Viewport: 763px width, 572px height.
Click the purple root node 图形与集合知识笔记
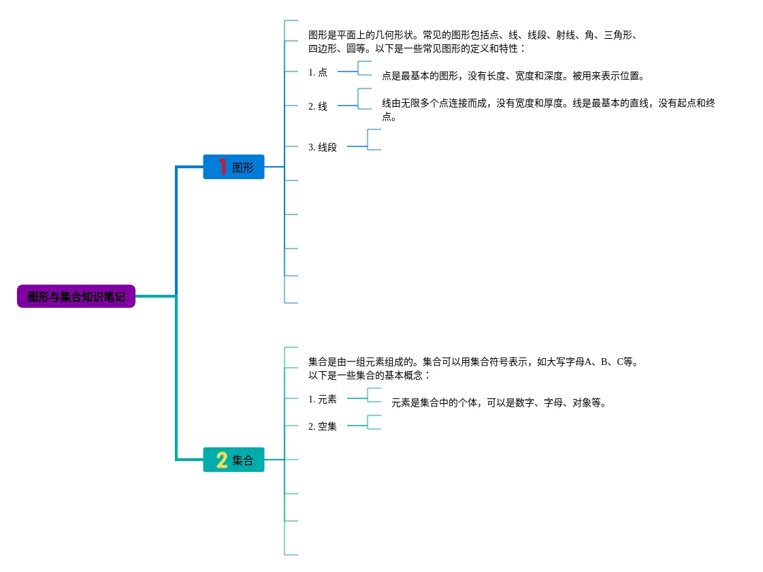point(76,296)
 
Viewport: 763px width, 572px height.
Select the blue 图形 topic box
point(233,167)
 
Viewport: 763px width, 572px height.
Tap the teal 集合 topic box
point(233,460)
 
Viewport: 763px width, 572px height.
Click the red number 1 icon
point(222,166)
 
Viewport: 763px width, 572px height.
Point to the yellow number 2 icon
point(222,460)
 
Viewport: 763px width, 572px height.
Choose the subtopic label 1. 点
point(318,72)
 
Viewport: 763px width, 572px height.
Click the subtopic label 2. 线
point(318,106)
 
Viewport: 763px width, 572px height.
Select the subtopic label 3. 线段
point(323,147)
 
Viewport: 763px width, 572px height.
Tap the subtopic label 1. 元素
point(323,399)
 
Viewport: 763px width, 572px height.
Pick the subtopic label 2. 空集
point(323,426)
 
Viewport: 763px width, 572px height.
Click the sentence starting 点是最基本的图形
point(513,76)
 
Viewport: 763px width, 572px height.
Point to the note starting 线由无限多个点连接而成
point(548,110)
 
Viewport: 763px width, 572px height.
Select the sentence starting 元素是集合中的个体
point(499,402)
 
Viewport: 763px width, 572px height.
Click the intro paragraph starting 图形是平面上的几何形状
point(472,42)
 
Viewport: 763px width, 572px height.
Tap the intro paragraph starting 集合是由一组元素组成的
point(472,368)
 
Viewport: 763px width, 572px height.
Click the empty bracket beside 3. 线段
point(373,140)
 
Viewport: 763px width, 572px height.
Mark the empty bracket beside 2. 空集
point(373,422)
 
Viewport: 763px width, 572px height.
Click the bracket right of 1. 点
point(363,68)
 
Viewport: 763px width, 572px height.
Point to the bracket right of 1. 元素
point(373,395)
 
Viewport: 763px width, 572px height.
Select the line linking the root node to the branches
point(155,296)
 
